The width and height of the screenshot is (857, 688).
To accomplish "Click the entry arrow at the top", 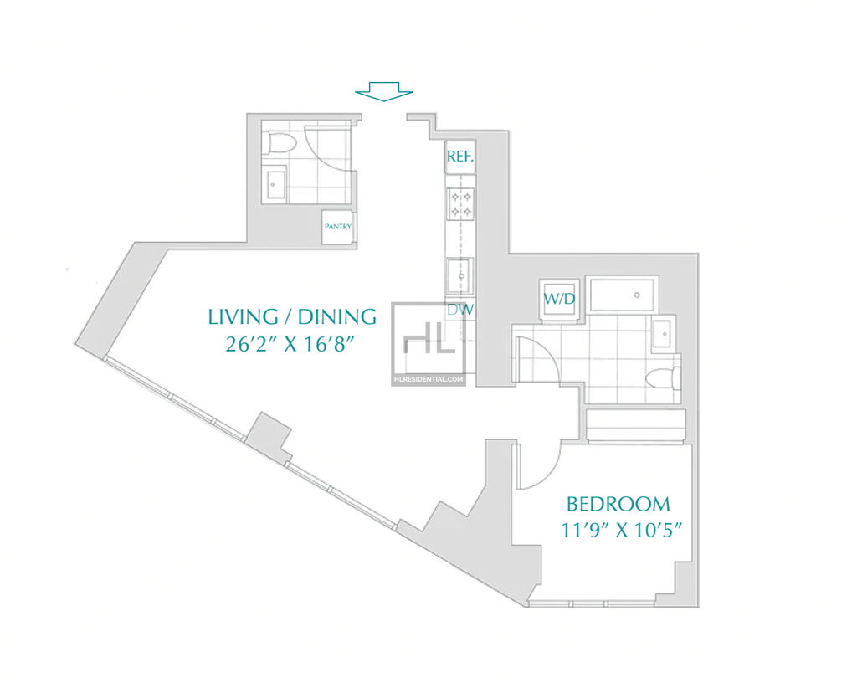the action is coord(383,91).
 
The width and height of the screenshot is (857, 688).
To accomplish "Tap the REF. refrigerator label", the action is coord(460,157).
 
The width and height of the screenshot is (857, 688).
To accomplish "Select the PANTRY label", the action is coord(338,226).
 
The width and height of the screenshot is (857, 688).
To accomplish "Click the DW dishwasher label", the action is coord(460,310).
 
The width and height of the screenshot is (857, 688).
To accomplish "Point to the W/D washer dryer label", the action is coord(559,298).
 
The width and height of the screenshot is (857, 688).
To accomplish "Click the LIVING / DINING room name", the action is coord(292,316).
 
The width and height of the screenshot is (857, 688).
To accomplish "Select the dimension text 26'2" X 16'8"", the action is coord(290,344).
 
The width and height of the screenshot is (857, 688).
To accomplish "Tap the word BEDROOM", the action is coord(618,504).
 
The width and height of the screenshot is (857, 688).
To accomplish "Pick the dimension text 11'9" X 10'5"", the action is coord(622,530).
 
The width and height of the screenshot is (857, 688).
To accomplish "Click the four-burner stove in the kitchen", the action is coord(461,204).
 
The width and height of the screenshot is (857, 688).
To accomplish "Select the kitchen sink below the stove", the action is coord(460,276).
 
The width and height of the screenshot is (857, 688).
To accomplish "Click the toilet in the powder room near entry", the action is coord(279,143).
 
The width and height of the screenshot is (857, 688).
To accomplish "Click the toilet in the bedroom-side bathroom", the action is coord(663,378).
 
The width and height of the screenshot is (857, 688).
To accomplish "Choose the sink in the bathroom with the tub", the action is coord(664,331).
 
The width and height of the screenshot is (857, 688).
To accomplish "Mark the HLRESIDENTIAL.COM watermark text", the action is coord(428,378).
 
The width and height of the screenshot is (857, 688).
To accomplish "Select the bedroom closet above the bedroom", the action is coord(636,424).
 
